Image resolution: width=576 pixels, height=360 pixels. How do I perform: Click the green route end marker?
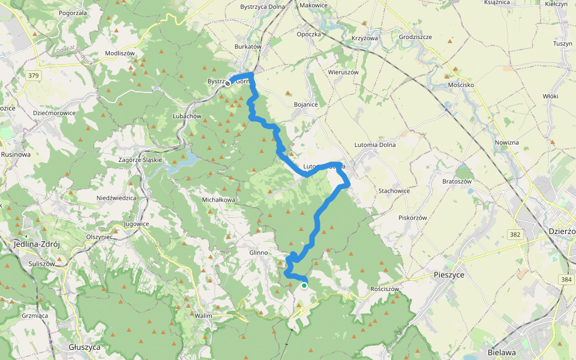[304, 286]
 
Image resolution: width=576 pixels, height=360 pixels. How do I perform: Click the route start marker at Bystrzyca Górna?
[228, 83]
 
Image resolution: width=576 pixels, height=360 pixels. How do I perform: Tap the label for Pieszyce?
[448, 275]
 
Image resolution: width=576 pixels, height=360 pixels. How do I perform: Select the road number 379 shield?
[33, 75]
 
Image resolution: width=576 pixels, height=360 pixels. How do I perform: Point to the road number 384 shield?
[565, 279]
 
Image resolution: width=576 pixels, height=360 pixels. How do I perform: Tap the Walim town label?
[204, 314]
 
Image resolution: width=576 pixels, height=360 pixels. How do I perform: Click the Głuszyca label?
[84, 347]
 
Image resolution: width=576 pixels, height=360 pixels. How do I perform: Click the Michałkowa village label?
[218, 199]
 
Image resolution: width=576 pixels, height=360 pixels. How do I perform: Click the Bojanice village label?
[305, 104]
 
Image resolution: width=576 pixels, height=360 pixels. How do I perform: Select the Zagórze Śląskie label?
[140, 160]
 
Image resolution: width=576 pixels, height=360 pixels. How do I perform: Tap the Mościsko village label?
[461, 85]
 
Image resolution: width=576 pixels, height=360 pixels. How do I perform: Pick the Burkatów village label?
[248, 46]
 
